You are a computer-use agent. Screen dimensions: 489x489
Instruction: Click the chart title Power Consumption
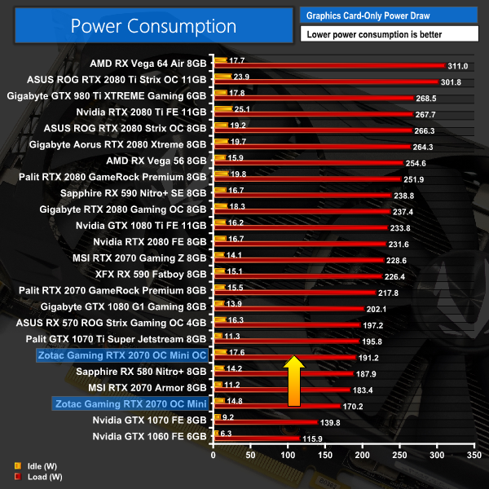point(153,26)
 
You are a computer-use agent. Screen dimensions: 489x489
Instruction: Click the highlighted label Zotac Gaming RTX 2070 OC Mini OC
point(122,355)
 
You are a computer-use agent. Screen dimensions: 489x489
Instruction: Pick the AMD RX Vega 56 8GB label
point(156,159)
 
